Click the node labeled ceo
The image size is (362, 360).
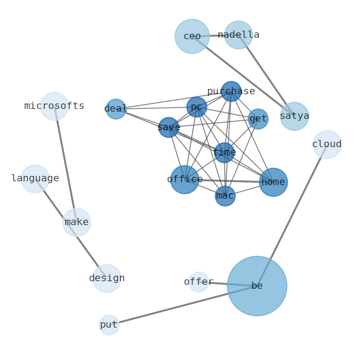192,36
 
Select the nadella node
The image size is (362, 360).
238,35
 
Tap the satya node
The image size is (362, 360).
295,116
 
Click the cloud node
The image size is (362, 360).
327,144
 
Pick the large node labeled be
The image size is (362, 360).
257,286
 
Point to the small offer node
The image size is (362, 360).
199,282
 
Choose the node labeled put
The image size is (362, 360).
109,325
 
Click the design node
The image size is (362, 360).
107,278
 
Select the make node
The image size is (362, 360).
77,222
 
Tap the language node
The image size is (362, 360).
35,179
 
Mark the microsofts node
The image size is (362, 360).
54,106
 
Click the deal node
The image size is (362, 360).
116,109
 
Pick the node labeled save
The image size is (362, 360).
169,127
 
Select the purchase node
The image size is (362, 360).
231,92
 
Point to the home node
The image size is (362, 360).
273,182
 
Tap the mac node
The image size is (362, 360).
225,196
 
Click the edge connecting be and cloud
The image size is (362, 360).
292,215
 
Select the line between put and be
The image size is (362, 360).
182,305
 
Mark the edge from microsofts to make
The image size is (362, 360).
65,164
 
